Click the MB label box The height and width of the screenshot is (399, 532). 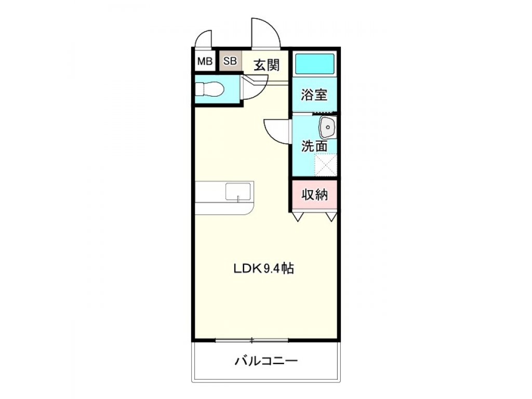click(205, 62)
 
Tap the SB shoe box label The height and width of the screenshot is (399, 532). click(230, 61)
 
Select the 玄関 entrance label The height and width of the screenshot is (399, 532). click(267, 65)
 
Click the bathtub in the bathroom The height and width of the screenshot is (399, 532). click(314, 64)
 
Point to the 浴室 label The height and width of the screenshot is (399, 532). click(314, 95)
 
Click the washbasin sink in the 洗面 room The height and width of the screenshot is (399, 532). click(327, 127)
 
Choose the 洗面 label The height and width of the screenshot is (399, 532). click(314, 146)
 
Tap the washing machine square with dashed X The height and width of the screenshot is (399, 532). click(326, 165)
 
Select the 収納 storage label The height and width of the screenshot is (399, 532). click(315, 195)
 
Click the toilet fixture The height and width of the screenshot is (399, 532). click(209, 89)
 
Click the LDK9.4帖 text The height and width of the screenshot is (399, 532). click(263, 269)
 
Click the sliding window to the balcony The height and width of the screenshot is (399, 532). click(252, 340)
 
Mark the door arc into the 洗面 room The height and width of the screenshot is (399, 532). click(277, 131)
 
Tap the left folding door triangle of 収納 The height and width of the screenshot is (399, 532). click(299, 216)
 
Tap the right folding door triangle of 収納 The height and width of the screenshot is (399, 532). click(331, 216)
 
